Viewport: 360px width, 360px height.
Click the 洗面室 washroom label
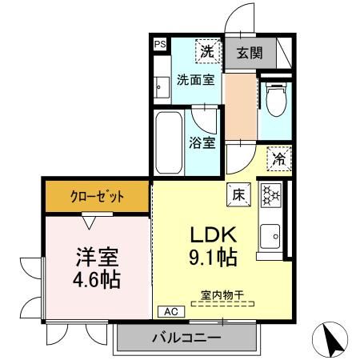coord(194,80)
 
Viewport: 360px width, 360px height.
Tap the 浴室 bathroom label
coord(202,143)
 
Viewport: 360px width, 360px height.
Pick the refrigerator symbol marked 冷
coord(278,158)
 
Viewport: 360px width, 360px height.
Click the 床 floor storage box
coord(238,193)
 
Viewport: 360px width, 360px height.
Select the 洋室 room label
coord(97,258)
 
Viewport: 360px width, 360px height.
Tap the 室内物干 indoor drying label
coord(222,294)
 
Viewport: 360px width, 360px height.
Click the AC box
coord(170,311)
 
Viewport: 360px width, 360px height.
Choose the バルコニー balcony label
coord(186,337)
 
